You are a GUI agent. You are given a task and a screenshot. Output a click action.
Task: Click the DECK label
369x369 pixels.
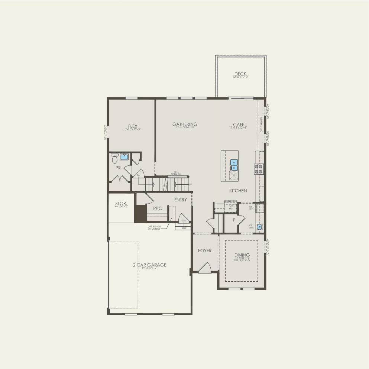tap(241, 74)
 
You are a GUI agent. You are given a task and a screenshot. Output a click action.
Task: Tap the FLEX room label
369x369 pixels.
tap(132, 126)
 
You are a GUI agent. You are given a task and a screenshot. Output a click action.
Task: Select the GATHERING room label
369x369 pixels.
tap(185, 124)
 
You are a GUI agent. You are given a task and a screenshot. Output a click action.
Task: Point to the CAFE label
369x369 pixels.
tap(238, 125)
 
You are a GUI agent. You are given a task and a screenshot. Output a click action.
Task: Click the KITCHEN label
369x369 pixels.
tap(238, 191)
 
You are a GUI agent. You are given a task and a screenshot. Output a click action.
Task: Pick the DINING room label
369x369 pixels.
tap(242, 255)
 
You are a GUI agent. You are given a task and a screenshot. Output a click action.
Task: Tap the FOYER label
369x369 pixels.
tap(205, 251)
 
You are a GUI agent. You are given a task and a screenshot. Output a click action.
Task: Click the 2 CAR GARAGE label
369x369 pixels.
tap(150, 265)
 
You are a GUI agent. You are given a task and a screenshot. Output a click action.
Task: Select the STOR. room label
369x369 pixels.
tap(121, 204)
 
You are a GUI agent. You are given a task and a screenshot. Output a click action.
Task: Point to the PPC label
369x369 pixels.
tap(158, 208)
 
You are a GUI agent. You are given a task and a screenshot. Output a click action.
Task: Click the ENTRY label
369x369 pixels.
tap(181, 200)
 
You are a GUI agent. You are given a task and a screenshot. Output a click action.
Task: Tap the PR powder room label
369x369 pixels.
tap(118, 168)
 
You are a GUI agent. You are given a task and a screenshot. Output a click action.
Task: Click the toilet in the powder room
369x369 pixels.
tap(114, 158)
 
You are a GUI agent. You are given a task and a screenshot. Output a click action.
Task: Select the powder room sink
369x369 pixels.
tap(124, 157)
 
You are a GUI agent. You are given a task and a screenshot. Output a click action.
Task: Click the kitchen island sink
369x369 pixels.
tap(234, 163)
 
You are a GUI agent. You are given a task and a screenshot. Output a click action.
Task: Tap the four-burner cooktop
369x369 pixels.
tap(259, 169)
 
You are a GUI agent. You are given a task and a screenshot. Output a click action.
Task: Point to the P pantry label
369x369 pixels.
tap(234, 220)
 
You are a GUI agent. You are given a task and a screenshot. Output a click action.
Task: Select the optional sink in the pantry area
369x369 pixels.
tap(260, 227)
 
